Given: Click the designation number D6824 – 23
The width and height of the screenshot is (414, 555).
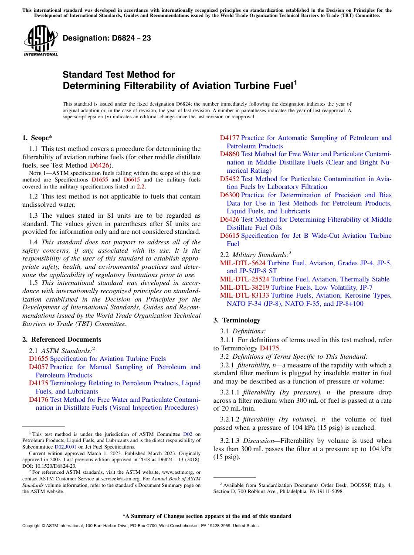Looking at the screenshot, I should coord(107,38).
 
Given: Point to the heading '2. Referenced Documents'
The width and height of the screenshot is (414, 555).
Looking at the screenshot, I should coord(61,339).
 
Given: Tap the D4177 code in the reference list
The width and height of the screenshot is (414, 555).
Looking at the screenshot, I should coord(230,138).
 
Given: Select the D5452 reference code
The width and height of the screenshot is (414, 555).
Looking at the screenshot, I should coord(230,179).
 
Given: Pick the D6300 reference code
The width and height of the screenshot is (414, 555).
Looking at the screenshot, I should coord(230,195).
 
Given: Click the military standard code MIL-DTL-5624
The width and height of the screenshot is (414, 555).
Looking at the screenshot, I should coord(243,263).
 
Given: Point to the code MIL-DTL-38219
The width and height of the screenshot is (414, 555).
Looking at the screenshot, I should coord(244,287).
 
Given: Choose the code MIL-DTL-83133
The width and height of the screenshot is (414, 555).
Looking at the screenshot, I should coord(244,295).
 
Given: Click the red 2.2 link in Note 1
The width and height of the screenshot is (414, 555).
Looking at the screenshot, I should coord(141,187).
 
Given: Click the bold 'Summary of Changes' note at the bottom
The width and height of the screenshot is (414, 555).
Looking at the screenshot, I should coord(207,516).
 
